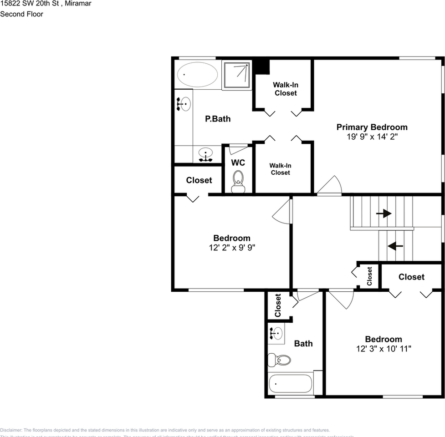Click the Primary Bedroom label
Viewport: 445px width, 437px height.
[x=372, y=127]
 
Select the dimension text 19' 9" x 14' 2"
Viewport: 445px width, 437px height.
[x=372, y=136]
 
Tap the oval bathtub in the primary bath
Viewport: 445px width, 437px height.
[x=197, y=75]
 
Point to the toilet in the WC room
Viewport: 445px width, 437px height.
[x=238, y=181]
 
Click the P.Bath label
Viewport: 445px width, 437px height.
[x=218, y=119]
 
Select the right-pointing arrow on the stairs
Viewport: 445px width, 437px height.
[x=384, y=213]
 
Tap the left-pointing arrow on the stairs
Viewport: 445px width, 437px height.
[x=395, y=246]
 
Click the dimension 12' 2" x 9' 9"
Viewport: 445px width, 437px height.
[x=231, y=248]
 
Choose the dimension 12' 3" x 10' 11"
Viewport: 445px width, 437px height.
[x=384, y=349]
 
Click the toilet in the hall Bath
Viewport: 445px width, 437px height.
[x=279, y=360]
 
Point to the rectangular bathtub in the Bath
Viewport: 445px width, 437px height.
[x=290, y=384]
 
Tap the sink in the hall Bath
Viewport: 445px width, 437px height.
[x=276, y=334]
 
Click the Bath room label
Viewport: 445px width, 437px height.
[x=303, y=344]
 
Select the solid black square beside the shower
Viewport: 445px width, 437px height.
[x=261, y=66]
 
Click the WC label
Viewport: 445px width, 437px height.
[x=238, y=163]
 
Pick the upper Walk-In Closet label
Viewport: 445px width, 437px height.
[x=285, y=89]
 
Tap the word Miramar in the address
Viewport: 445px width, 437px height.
[x=77, y=4]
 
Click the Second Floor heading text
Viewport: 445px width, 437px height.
[x=21, y=14]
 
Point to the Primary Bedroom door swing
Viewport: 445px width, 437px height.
[x=330, y=185]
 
